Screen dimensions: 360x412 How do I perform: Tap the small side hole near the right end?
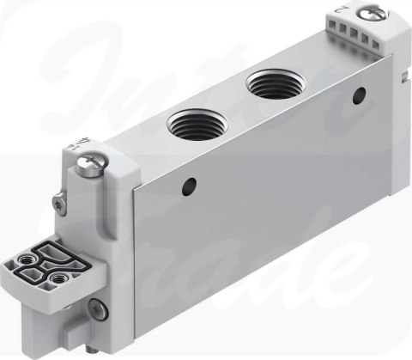(x=359, y=95)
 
